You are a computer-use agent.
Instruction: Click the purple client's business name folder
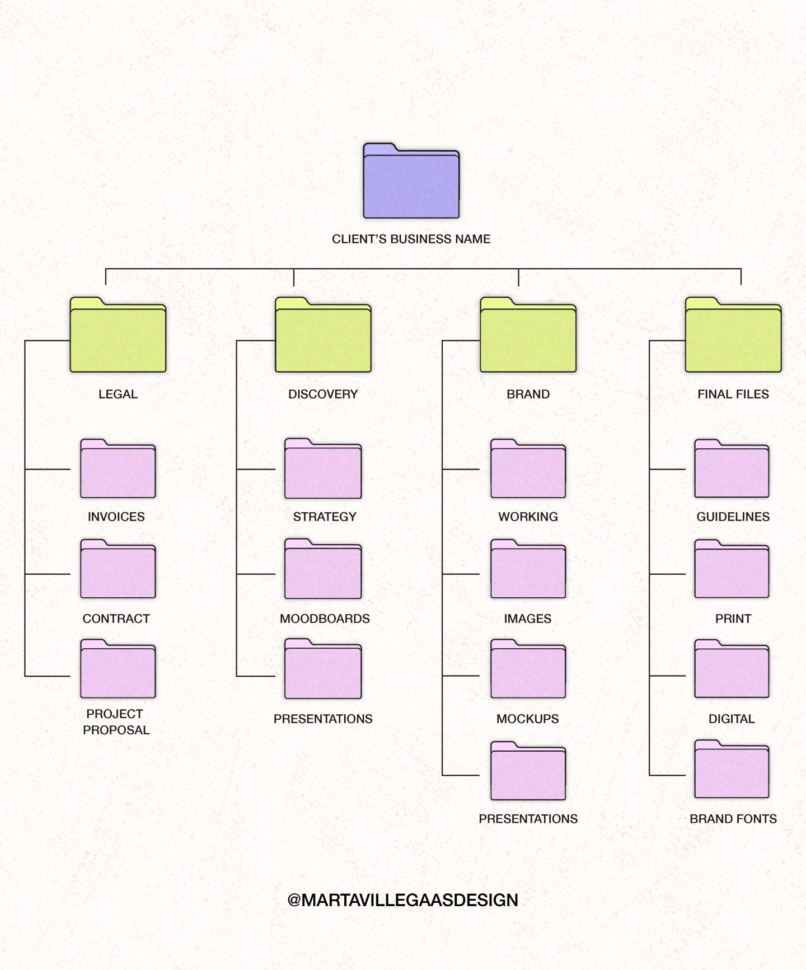[411, 182]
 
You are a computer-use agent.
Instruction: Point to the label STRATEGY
[325, 517]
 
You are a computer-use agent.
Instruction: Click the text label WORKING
[528, 517]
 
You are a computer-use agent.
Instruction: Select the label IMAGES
[527, 618]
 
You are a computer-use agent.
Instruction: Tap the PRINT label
[733, 618]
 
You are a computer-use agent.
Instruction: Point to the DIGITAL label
[732, 719]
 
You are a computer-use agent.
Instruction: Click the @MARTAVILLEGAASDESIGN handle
[402, 900]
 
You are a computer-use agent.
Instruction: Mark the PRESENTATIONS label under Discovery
[323, 719]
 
